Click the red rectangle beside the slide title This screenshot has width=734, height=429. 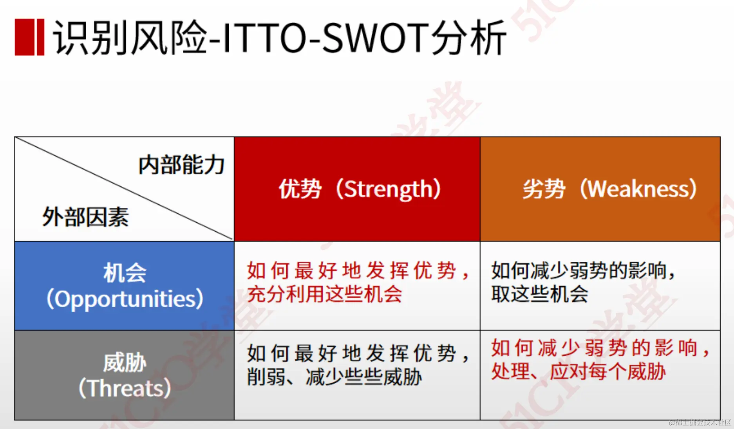pyautogui.click(x=29, y=37)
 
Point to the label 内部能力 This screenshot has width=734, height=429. pyautogui.click(x=181, y=165)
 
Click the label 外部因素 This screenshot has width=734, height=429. pyautogui.click(x=85, y=217)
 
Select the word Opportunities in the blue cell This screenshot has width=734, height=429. pyautogui.click(x=125, y=299)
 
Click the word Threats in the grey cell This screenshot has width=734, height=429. pyautogui.click(x=125, y=388)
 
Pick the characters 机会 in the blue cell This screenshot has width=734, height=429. pyautogui.click(x=125, y=273)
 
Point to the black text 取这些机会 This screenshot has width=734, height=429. pyautogui.click(x=540, y=294)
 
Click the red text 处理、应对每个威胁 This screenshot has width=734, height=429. pyautogui.click(x=578, y=371)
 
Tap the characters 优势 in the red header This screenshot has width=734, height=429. pyautogui.click(x=300, y=189)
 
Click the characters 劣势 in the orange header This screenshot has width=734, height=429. pyautogui.click(x=544, y=189)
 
